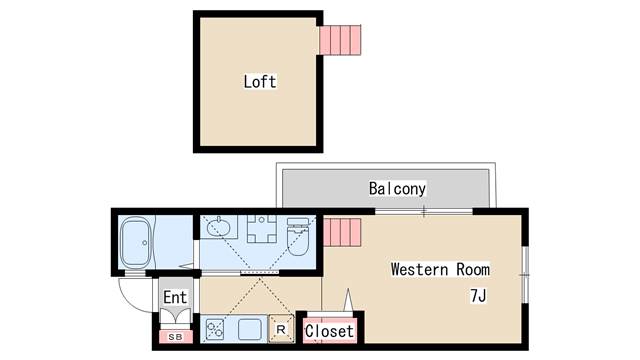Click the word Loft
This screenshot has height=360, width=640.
point(260,81)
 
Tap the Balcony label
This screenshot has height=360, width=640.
point(397,188)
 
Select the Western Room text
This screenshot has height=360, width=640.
point(440,269)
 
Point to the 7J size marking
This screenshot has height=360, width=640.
point(479,296)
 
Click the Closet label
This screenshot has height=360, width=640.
point(329,331)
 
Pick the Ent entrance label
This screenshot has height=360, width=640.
point(175,297)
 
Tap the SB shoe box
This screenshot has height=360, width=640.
point(175,337)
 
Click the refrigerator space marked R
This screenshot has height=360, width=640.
point(281,328)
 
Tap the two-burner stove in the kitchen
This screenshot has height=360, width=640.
point(215,327)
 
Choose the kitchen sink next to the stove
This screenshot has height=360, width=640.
point(249,327)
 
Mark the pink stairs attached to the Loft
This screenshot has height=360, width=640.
point(339,39)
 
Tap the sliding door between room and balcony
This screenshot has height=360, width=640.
point(424,211)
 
